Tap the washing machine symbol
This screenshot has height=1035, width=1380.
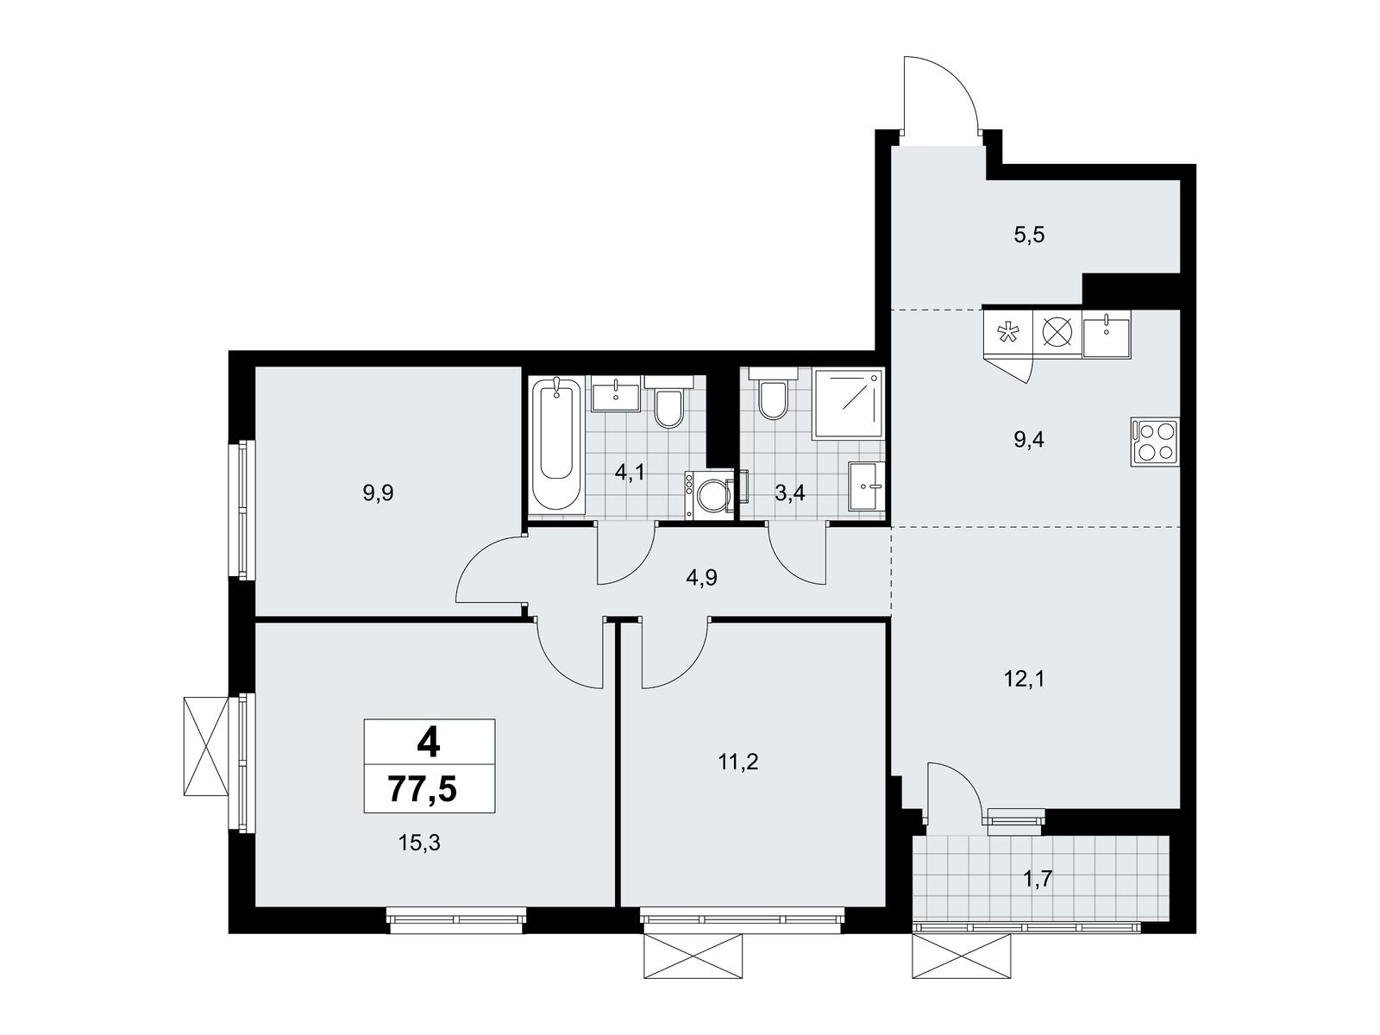(x=712, y=496)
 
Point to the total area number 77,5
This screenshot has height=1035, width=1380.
(x=429, y=789)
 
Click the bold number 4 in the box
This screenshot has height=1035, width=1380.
(x=429, y=742)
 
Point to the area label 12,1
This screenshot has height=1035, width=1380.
(x=1024, y=679)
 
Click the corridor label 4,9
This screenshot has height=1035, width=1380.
(x=701, y=578)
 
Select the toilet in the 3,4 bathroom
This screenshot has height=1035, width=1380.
(x=773, y=398)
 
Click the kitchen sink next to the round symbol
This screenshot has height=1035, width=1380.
(x=1106, y=333)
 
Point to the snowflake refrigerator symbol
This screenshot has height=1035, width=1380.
(x=1006, y=333)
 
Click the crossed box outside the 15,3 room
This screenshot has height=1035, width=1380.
(x=206, y=746)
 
